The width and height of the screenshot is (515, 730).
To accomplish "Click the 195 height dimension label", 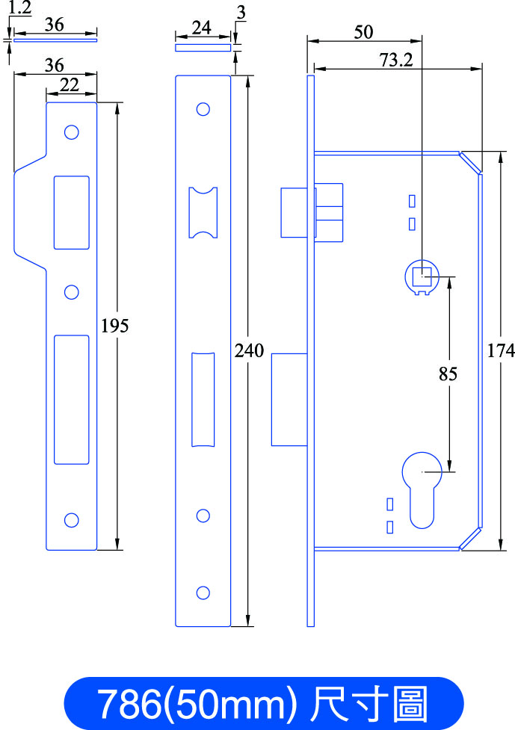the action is [114, 326].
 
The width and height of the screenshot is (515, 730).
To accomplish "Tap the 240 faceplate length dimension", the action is [249, 350].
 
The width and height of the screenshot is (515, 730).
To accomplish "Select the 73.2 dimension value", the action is [396, 60].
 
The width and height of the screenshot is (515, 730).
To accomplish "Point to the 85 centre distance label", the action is [448, 374].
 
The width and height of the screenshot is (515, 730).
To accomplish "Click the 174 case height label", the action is [501, 350].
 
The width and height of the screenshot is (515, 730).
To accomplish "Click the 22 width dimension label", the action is [70, 85].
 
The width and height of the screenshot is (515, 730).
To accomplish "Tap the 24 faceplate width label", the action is [202, 28].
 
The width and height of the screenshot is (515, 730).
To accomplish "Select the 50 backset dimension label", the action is [363, 32].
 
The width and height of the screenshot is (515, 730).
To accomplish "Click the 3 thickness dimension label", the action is [241, 13].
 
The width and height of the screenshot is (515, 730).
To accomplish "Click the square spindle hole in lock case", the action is [422, 276].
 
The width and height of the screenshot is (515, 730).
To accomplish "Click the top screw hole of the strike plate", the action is [71, 132].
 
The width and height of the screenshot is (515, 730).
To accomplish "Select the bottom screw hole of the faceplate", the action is [203, 593].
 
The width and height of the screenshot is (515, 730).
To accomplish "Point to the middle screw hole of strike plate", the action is [71, 292].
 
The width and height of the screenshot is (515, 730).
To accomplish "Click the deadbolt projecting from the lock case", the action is [289, 400].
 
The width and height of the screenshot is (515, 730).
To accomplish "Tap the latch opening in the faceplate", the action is [203, 212].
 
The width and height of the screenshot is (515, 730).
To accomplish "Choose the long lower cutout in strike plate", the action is [71, 400].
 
